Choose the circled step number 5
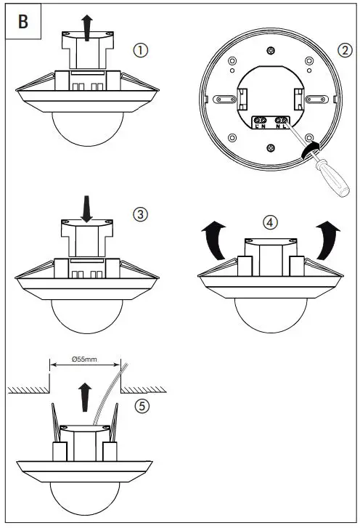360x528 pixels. tap(144, 406)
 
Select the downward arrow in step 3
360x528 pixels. tap(87, 208)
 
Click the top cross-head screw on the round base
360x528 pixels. tap(270, 50)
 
